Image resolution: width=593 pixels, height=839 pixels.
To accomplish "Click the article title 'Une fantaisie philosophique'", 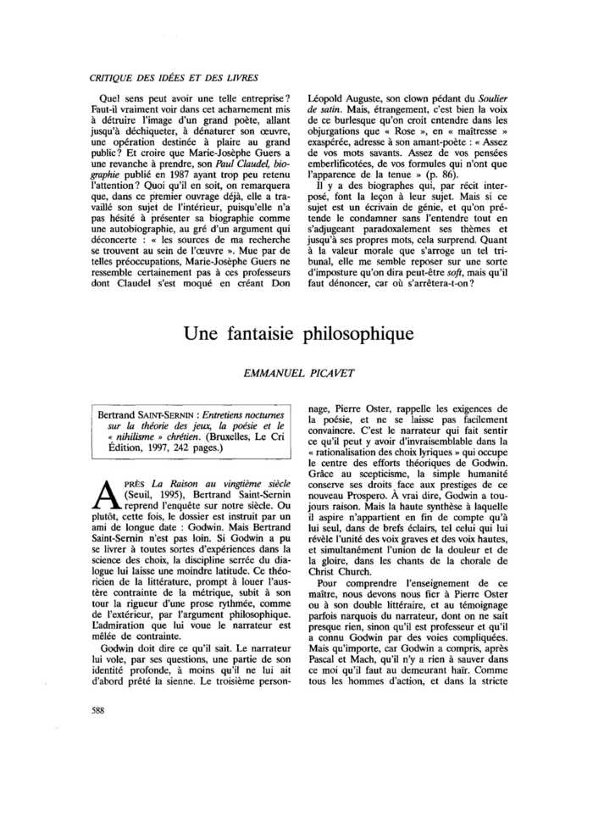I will click(298, 334).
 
